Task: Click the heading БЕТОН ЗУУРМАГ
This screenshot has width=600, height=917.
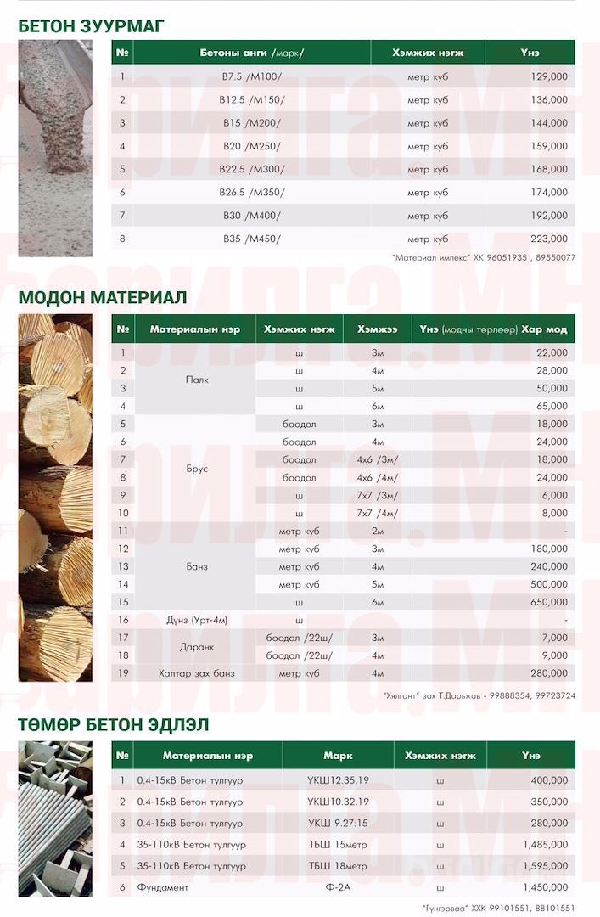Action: tap(91, 25)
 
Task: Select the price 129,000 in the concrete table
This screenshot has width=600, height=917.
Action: tap(550, 76)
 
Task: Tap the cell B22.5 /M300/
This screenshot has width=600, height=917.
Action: tap(254, 169)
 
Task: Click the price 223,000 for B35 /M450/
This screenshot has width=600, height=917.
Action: tap(550, 239)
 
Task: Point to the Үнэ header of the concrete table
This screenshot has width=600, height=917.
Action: tap(530, 53)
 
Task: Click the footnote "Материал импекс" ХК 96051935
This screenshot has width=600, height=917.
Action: tap(484, 257)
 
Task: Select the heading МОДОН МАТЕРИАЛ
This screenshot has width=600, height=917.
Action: tap(102, 297)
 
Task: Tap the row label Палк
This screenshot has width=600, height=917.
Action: tap(197, 380)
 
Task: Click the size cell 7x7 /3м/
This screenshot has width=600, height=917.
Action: tap(378, 495)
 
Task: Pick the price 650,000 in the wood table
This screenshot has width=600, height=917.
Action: tap(550, 602)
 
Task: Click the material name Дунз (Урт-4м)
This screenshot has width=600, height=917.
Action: tap(197, 620)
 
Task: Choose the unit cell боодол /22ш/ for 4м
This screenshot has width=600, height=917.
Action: tap(299, 655)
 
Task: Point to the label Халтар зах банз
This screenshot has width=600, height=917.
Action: tap(197, 673)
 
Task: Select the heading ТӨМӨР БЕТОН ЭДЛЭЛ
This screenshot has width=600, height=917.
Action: tap(114, 725)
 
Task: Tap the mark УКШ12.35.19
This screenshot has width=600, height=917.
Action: tap(338, 779)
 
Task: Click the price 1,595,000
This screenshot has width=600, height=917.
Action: tap(546, 866)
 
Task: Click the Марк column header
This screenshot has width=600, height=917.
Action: tap(338, 756)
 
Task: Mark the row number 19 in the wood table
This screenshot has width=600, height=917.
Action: tap(123, 673)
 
